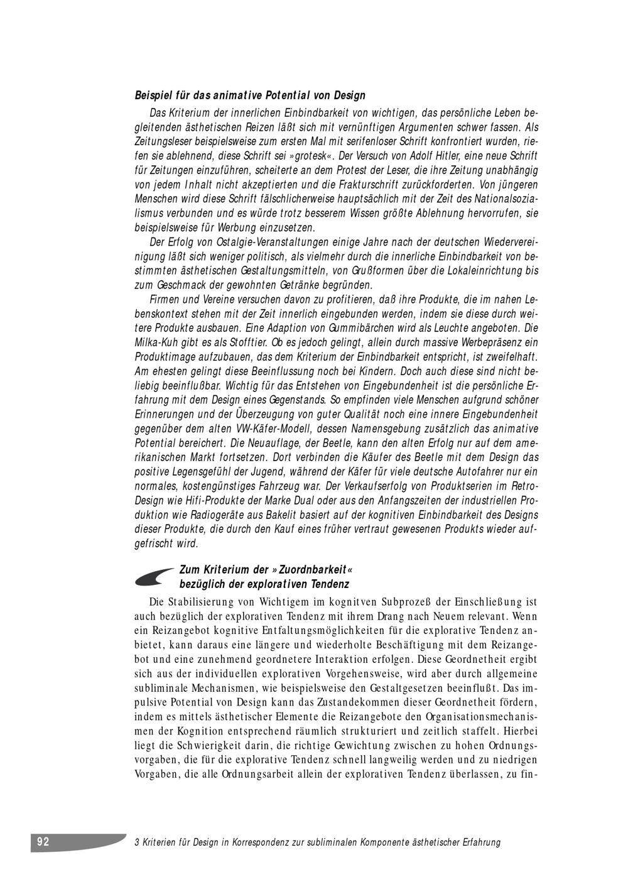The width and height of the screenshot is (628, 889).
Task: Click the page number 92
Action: pyautogui.click(x=43, y=842)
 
